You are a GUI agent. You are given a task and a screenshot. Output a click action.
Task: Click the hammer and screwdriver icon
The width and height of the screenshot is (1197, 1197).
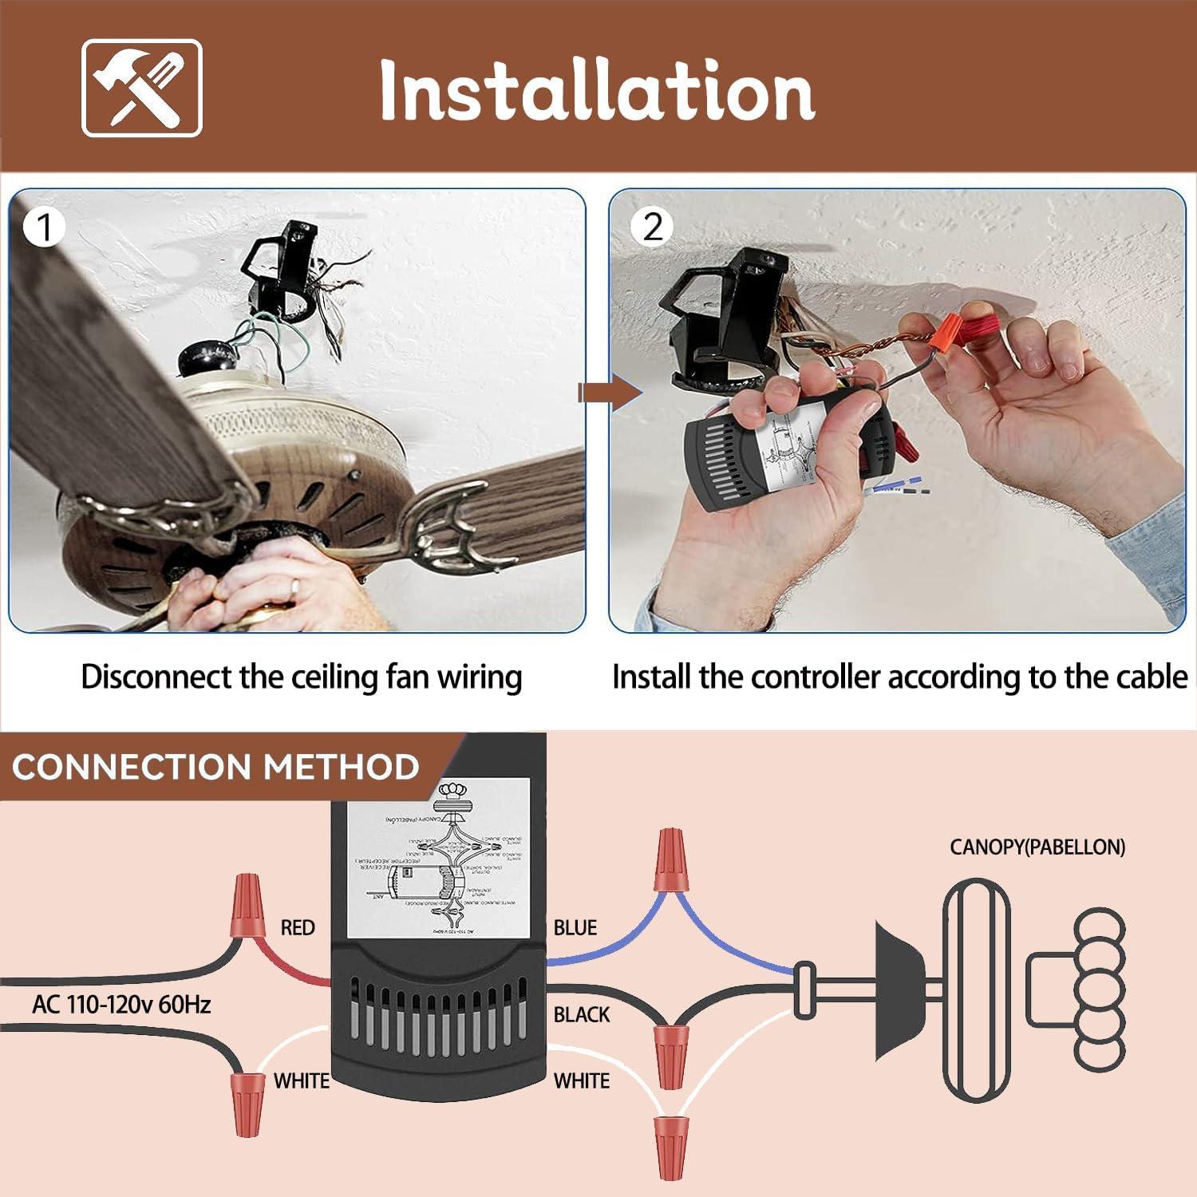tap(142, 89)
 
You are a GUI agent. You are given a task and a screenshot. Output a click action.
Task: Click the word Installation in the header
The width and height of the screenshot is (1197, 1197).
tap(597, 90)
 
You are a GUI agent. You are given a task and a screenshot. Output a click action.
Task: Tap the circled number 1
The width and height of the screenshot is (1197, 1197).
tap(44, 228)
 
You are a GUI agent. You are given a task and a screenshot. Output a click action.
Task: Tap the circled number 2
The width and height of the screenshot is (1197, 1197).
tap(652, 227)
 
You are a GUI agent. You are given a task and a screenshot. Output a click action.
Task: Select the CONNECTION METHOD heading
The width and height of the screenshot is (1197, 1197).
tap(215, 767)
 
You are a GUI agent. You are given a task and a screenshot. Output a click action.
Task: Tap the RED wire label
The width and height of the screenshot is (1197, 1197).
tap(297, 927)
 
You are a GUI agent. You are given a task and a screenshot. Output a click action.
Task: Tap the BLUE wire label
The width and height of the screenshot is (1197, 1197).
tap(575, 927)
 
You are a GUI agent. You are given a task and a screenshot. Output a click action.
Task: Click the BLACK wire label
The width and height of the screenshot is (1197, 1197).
tap(581, 1014)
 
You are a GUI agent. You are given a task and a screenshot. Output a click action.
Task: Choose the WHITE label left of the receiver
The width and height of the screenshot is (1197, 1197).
tap(301, 1080)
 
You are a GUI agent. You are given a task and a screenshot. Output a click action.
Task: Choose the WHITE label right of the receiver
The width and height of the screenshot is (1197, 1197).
tap(581, 1080)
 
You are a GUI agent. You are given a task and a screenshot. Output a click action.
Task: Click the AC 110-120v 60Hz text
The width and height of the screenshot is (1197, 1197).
tap(121, 1004)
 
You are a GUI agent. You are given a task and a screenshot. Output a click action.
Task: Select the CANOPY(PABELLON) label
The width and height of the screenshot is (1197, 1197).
tap(1037, 847)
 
